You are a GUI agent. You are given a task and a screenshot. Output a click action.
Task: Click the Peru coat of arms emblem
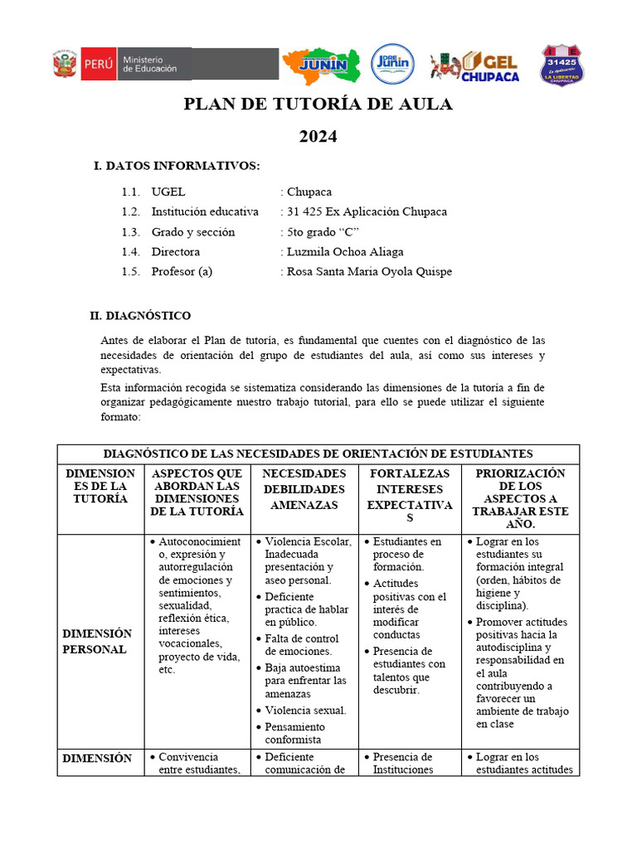(x=65, y=65)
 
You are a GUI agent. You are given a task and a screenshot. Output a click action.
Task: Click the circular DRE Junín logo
(x=392, y=64)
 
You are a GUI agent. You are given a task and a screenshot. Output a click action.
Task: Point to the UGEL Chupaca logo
(x=475, y=65)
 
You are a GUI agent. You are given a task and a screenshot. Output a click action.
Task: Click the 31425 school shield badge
(x=562, y=65)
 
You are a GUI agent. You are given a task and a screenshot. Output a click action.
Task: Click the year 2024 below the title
(x=318, y=137)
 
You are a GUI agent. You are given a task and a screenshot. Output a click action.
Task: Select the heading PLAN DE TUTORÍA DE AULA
(x=318, y=104)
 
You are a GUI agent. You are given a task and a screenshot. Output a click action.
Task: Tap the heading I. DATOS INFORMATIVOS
(x=177, y=166)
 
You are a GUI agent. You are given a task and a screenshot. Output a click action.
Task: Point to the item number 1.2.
(x=130, y=211)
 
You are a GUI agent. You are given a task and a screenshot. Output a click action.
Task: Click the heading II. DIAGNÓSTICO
(x=140, y=316)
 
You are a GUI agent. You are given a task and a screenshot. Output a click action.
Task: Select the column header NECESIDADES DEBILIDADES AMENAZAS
(x=304, y=488)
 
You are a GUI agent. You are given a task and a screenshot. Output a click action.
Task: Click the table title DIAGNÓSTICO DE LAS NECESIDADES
(x=318, y=454)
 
